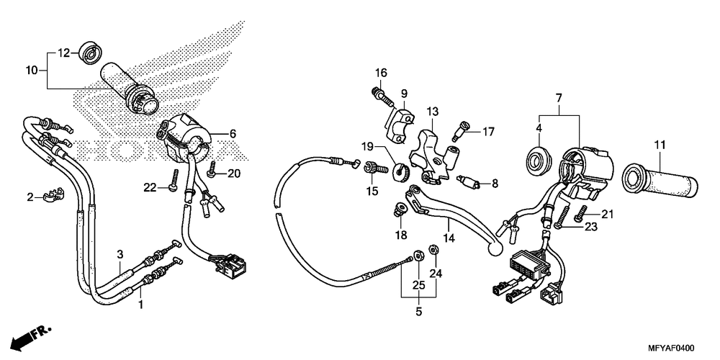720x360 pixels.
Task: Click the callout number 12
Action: (63, 53)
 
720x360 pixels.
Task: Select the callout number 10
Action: (31, 70)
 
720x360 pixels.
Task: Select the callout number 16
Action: (380, 72)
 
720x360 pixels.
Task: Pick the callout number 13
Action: (432, 112)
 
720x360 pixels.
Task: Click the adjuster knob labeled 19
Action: (402, 172)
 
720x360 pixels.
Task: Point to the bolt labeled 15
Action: (372, 168)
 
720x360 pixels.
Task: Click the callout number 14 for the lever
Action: (449, 238)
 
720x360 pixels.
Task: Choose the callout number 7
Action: (558, 96)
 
